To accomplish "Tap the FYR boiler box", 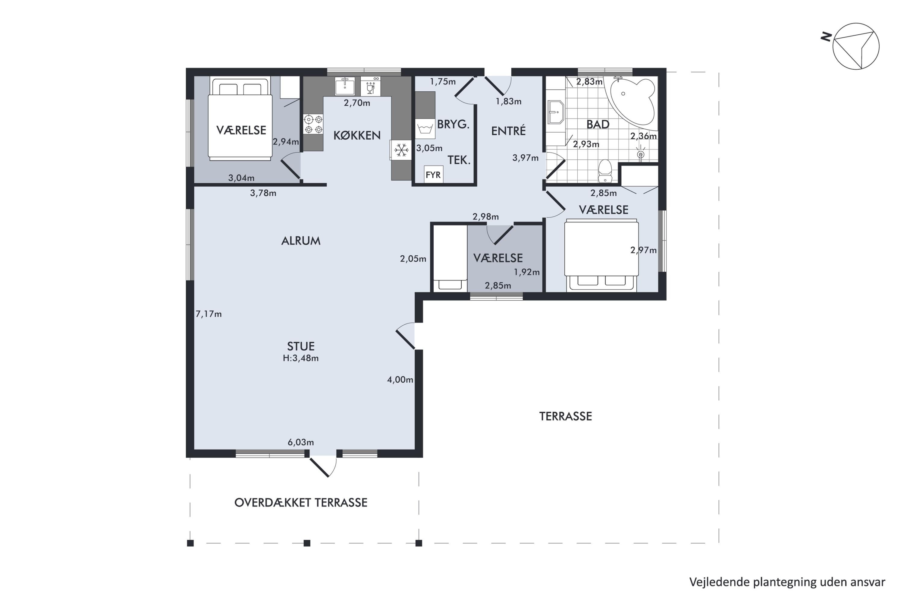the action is [433, 175].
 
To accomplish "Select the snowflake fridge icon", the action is [402, 150].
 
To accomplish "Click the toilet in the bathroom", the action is [605, 171].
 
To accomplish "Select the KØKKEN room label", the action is [357, 135].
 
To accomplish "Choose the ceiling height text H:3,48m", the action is [300, 358].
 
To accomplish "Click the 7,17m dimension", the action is [209, 314].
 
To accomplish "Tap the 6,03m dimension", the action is [300, 443].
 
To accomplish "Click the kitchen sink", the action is [345, 86].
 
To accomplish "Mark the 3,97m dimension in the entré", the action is [526, 158].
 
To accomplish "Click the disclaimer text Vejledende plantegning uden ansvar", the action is [787, 582].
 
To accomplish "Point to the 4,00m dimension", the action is [400, 380].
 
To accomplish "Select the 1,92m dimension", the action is [526, 272].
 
